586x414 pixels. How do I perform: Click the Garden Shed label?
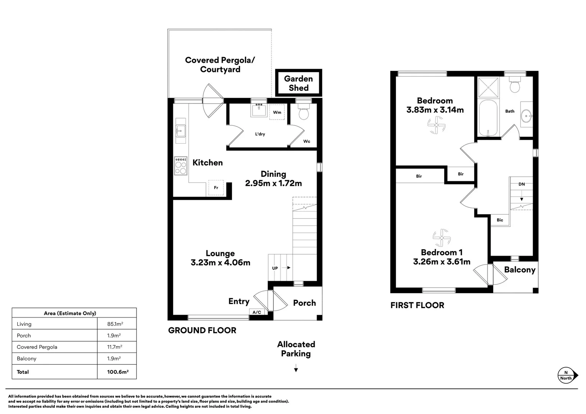pyautogui.click(x=298, y=83)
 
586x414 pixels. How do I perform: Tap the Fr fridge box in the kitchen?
pyautogui.click(x=216, y=187)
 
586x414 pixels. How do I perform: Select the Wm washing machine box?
pyautogui.click(x=277, y=112)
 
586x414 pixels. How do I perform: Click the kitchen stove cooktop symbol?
pyautogui.click(x=181, y=166)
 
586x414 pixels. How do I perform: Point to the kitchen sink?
pyautogui.click(x=180, y=131)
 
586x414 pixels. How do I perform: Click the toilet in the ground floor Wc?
pyautogui.click(x=304, y=112)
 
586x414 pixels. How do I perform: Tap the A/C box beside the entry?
pyautogui.click(x=257, y=312)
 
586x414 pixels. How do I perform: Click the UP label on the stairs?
pyautogui.click(x=275, y=268)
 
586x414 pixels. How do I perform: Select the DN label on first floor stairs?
pyautogui.click(x=521, y=184)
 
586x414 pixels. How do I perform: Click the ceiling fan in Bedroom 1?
pyautogui.click(x=442, y=238)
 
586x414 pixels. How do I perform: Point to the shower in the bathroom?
pyautogui.click(x=488, y=88)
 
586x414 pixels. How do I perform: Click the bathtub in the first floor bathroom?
pyautogui.click(x=488, y=118)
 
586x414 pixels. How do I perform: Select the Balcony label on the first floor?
pyautogui.click(x=519, y=269)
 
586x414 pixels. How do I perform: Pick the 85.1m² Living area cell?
pyautogui.click(x=115, y=324)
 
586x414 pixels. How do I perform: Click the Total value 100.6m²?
pyautogui.click(x=118, y=372)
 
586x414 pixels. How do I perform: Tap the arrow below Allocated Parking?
pyautogui.click(x=296, y=370)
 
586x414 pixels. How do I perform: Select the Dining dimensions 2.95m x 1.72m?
pyautogui.click(x=273, y=183)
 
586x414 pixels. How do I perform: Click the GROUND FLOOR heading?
pyautogui.click(x=202, y=330)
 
